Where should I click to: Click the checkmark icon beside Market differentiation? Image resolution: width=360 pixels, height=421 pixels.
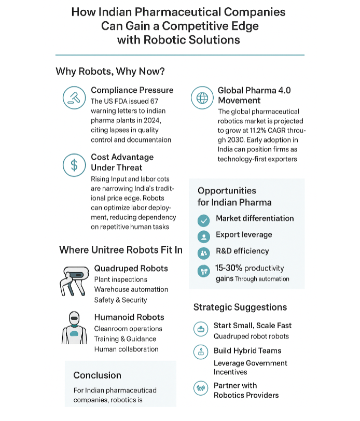click(x=204, y=220)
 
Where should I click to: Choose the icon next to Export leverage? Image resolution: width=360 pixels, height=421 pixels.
click(x=204, y=236)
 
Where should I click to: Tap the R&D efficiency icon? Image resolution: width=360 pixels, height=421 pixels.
click(x=204, y=252)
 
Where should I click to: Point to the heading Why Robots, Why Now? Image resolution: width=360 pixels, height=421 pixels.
click(x=110, y=72)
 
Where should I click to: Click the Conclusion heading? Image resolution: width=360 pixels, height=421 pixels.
click(x=97, y=375)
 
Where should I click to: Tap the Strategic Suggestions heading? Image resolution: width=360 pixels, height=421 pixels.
click(x=240, y=307)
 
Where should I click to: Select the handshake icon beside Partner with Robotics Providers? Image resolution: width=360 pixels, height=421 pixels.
click(x=200, y=388)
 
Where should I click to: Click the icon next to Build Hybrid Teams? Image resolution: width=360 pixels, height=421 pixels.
click(x=200, y=352)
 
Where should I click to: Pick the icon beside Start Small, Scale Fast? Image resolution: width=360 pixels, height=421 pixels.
click(x=200, y=328)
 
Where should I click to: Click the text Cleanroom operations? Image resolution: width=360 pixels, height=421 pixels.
click(x=128, y=329)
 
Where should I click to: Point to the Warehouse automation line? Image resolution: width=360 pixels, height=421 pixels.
click(x=131, y=289)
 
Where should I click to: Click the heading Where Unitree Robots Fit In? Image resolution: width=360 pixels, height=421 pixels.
click(x=121, y=250)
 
